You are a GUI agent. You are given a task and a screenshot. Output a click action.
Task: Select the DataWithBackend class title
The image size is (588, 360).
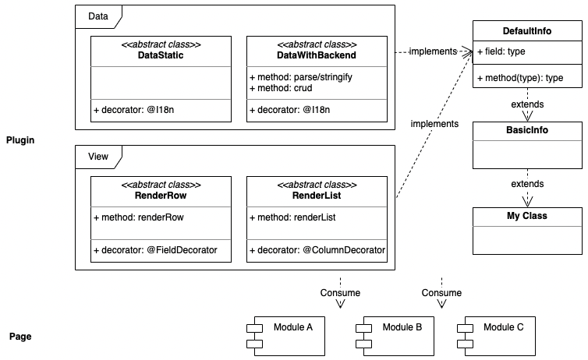[x=317, y=55]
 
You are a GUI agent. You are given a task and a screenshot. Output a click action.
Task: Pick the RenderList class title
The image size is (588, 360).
[x=317, y=195]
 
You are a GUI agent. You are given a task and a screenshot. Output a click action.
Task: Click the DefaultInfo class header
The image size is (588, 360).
[x=527, y=31]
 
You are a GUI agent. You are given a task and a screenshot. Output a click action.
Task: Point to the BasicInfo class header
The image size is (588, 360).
[x=527, y=130]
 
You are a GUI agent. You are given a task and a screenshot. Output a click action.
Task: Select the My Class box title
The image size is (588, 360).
[x=527, y=215]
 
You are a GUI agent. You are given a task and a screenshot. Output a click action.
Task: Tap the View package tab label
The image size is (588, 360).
[x=98, y=157]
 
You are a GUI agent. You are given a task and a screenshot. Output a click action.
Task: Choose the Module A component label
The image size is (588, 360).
[x=293, y=327]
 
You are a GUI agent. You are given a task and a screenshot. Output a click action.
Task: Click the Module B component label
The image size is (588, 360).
[x=402, y=327]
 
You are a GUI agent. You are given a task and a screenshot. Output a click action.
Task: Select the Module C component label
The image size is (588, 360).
[x=504, y=327]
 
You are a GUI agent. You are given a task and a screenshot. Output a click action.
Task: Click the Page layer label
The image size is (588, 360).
[x=19, y=337]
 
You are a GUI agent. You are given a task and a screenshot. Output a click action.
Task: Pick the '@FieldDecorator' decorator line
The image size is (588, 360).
[x=155, y=250]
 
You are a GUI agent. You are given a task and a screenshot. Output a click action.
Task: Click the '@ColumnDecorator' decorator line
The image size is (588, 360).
[x=317, y=250]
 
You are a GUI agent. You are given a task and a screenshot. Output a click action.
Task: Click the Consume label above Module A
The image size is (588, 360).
[x=341, y=293]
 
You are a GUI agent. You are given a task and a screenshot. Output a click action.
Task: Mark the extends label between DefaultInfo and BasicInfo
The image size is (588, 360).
[x=527, y=104]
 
